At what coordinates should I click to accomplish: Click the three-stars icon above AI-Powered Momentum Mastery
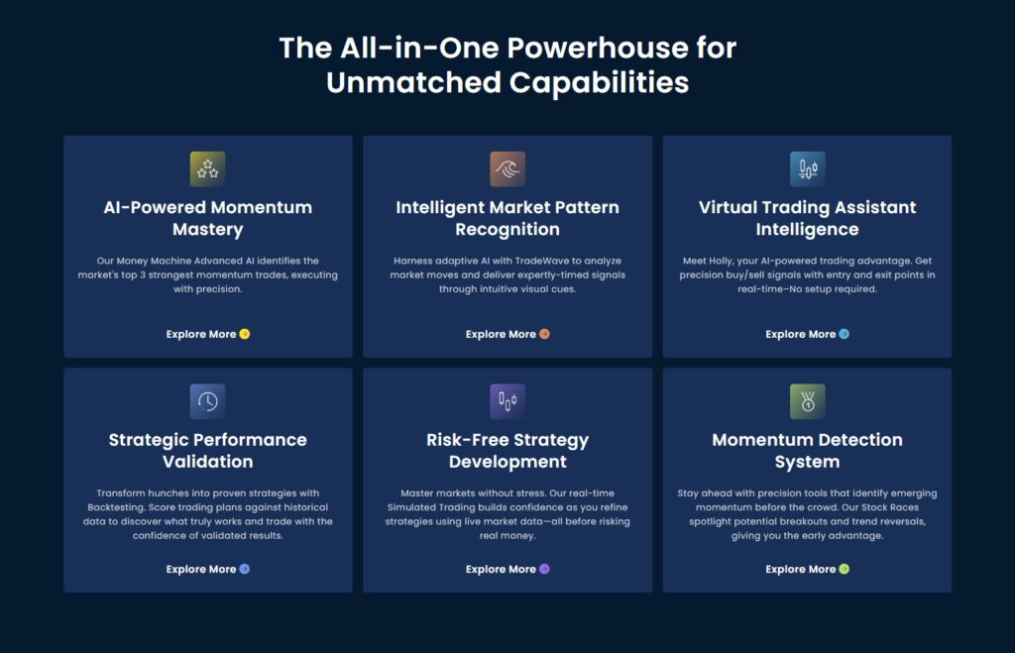(x=207, y=168)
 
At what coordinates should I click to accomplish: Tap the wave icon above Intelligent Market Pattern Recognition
(x=507, y=168)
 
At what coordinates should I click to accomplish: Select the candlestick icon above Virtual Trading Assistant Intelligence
(x=807, y=168)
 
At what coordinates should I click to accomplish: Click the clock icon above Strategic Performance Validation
(x=207, y=401)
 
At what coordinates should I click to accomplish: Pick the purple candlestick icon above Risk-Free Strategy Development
(x=507, y=401)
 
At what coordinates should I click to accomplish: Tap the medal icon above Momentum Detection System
(x=807, y=401)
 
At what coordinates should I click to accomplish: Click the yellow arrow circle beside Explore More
(x=244, y=334)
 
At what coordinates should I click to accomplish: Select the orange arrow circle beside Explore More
(x=544, y=334)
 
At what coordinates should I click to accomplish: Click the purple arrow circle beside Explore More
(x=544, y=569)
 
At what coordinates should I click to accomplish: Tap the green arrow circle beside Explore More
(x=845, y=569)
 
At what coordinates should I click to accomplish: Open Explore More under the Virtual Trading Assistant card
(x=800, y=334)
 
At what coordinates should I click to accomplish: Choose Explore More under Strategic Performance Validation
(x=200, y=569)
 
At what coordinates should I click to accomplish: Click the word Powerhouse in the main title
(x=598, y=48)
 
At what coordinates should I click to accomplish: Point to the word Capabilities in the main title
(x=599, y=83)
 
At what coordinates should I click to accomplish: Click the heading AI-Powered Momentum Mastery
(x=208, y=218)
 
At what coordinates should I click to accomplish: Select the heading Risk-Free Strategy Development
(x=507, y=451)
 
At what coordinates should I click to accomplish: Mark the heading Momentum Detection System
(x=807, y=451)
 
